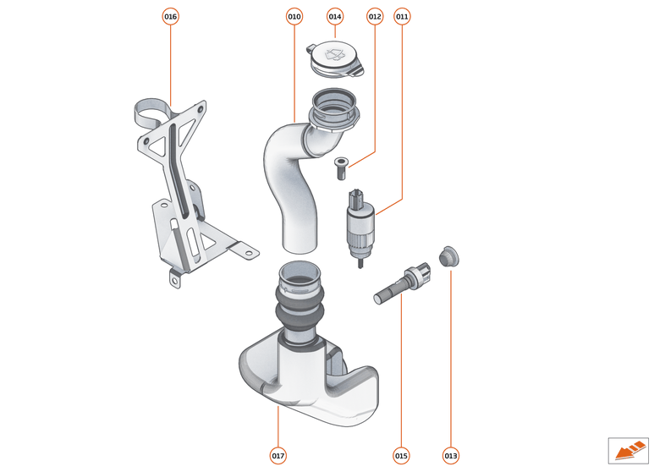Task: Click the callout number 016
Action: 171,16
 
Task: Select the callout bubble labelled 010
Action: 294,16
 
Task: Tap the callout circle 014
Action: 335,16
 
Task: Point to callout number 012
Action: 375,16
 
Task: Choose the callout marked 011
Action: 402,16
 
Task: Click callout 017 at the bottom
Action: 278,456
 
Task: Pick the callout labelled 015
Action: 401,456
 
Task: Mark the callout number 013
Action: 450,456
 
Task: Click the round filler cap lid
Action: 334,58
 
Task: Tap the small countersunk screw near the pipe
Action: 341,168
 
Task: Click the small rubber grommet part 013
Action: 448,255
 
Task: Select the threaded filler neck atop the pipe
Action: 335,110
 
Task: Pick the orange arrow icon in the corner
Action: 627,448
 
